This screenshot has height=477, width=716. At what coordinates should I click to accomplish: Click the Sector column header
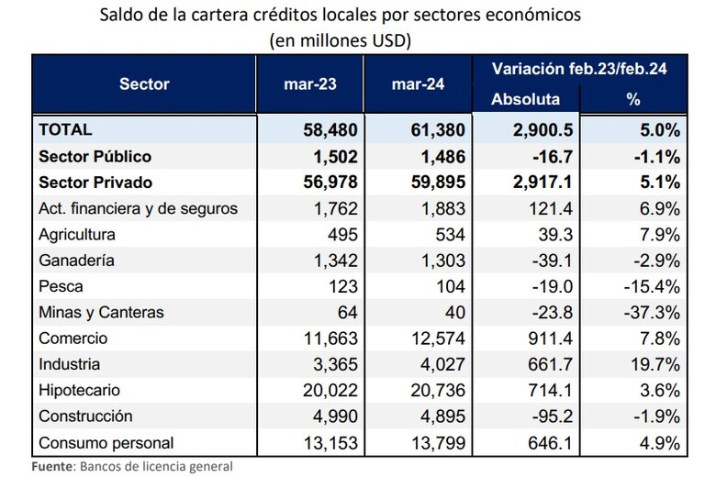(x=144, y=83)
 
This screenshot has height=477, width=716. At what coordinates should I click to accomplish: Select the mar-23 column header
(x=311, y=83)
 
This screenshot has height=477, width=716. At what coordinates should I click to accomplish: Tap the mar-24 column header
(x=419, y=83)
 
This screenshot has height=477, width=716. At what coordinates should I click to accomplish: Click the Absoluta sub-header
(x=525, y=99)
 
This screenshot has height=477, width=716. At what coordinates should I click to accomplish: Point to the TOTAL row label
(x=65, y=130)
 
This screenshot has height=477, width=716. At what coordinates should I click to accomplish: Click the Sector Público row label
(x=95, y=156)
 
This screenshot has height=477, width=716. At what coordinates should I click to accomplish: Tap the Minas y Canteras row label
(x=102, y=312)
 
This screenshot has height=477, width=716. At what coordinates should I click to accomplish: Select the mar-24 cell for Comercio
(x=435, y=338)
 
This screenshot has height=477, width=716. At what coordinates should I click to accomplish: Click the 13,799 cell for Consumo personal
(x=435, y=443)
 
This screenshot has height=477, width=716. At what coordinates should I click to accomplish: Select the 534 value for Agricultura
(x=449, y=234)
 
